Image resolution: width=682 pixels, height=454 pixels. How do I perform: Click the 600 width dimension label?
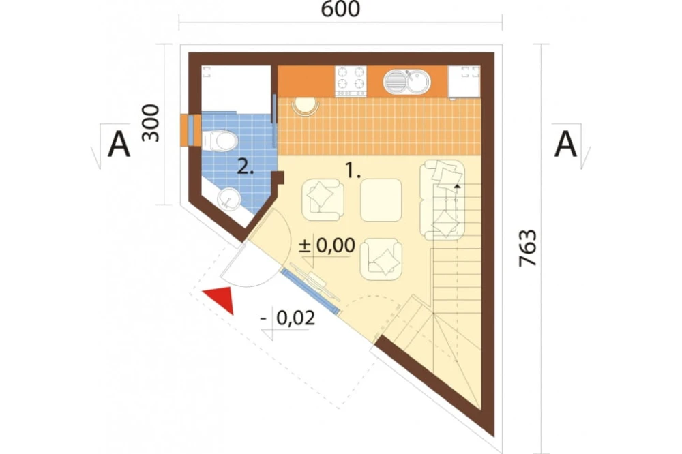pos(340,9)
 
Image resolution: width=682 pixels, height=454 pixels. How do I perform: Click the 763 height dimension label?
pos(528,248)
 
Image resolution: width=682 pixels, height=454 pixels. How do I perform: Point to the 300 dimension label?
pos(151,123)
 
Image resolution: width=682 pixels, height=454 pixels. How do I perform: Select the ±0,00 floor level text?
pos(327,245)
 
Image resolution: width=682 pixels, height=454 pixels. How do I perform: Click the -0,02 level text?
pos(288,319)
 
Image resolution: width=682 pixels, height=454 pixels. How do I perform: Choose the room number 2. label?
pos(246,167)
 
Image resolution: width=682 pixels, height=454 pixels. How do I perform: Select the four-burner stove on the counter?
pos(351,81)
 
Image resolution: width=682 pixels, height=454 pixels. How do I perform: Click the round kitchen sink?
pos(406,81)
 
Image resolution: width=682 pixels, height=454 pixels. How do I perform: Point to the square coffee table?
pos(381,200)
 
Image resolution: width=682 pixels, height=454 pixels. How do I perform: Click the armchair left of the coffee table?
pos(323,200)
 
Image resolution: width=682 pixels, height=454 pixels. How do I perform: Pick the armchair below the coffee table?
pos(381,259)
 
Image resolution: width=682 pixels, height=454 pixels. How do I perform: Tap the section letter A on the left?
pos(119,145)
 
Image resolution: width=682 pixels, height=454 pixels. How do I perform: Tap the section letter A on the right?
pos(566,145)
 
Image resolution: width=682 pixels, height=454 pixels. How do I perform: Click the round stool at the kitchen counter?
pos(306,106)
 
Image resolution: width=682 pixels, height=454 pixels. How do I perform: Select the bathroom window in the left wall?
pos(190,130)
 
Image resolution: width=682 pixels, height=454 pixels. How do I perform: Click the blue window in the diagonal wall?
pos(310,290)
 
